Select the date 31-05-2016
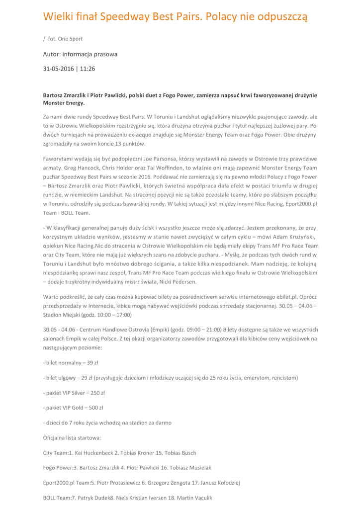pos(58,69)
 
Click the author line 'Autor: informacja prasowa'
pos(80,53)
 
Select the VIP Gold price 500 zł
pos(95,408)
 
